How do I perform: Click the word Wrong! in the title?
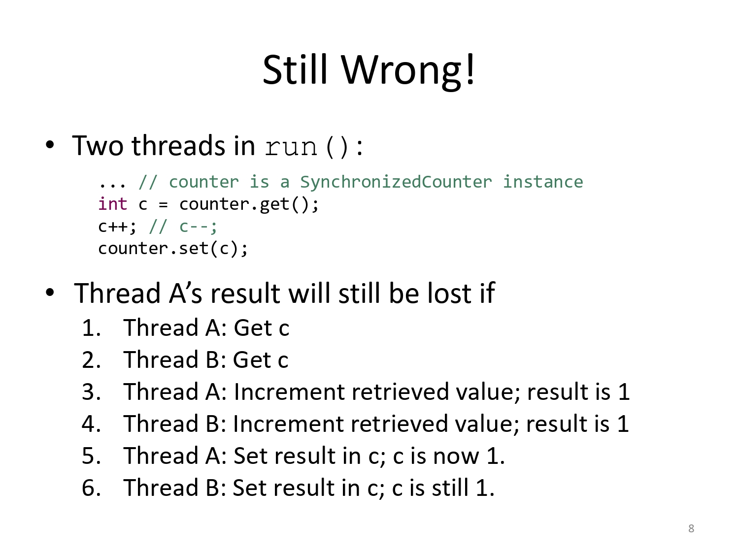point(408,70)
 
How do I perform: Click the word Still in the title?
point(295,69)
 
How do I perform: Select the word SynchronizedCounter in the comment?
point(396,182)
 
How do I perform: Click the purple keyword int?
point(113,204)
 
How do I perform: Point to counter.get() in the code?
point(249,205)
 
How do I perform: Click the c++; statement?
point(117,227)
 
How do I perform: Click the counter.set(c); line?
point(173,249)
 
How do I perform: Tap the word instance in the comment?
point(543,182)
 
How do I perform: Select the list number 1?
point(91,328)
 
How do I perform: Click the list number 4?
point(91,424)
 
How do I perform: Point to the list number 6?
point(91,488)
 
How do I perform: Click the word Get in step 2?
point(252,360)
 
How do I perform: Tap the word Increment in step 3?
point(289,392)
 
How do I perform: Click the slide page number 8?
point(691,528)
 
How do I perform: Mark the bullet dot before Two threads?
point(50,145)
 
